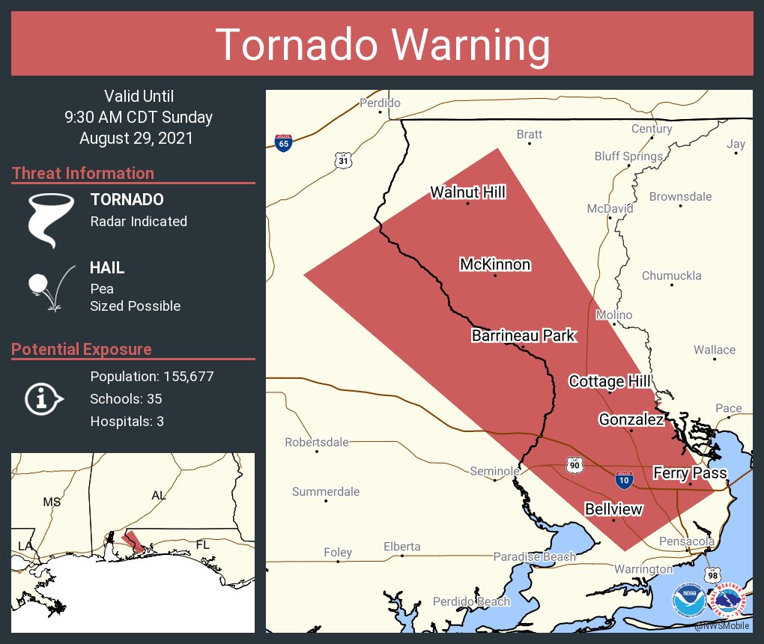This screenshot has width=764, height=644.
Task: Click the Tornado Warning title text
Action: (x=382, y=44)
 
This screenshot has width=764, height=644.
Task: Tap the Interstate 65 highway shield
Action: (x=283, y=142)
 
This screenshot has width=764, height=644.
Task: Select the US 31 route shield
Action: (x=343, y=160)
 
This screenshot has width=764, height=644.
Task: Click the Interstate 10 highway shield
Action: (x=622, y=479)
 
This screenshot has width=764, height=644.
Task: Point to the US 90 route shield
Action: (x=574, y=465)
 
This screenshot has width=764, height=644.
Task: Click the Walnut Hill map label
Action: (x=467, y=192)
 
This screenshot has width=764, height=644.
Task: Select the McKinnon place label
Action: (x=494, y=264)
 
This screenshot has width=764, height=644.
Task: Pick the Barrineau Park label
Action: (x=523, y=335)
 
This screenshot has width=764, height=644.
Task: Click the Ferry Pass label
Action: (x=690, y=473)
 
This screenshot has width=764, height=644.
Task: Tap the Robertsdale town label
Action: (x=317, y=443)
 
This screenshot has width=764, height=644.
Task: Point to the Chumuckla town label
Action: (x=671, y=276)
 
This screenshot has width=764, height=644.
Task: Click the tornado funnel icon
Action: (x=51, y=220)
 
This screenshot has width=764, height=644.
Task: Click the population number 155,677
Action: (x=183, y=376)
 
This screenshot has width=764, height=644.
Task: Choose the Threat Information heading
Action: (x=83, y=173)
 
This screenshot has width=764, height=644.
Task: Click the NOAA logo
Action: (x=688, y=601)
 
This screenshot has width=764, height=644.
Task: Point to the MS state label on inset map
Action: (x=52, y=502)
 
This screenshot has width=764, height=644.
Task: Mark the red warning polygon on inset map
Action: (x=133, y=541)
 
